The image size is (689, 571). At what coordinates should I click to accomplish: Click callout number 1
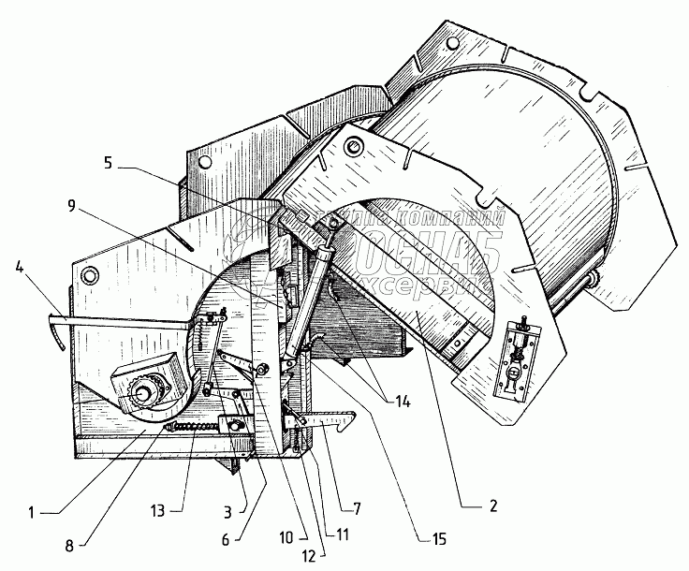[x=32, y=512]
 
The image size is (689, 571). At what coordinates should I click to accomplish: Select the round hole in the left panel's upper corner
[x=90, y=275]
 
